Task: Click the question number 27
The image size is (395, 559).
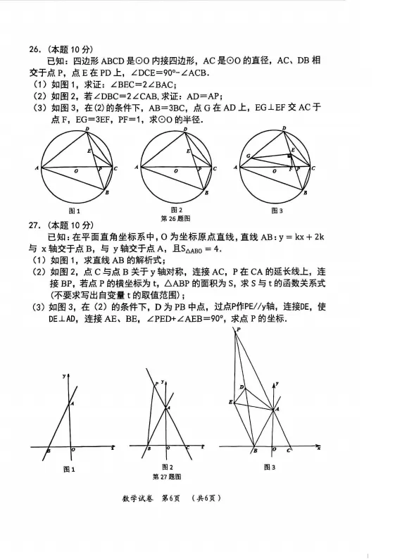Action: [35, 225]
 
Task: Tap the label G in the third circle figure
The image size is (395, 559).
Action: [248, 156]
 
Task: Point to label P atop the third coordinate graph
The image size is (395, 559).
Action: [238, 329]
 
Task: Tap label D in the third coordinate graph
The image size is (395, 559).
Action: [242, 387]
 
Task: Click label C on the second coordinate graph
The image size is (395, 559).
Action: [187, 448]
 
